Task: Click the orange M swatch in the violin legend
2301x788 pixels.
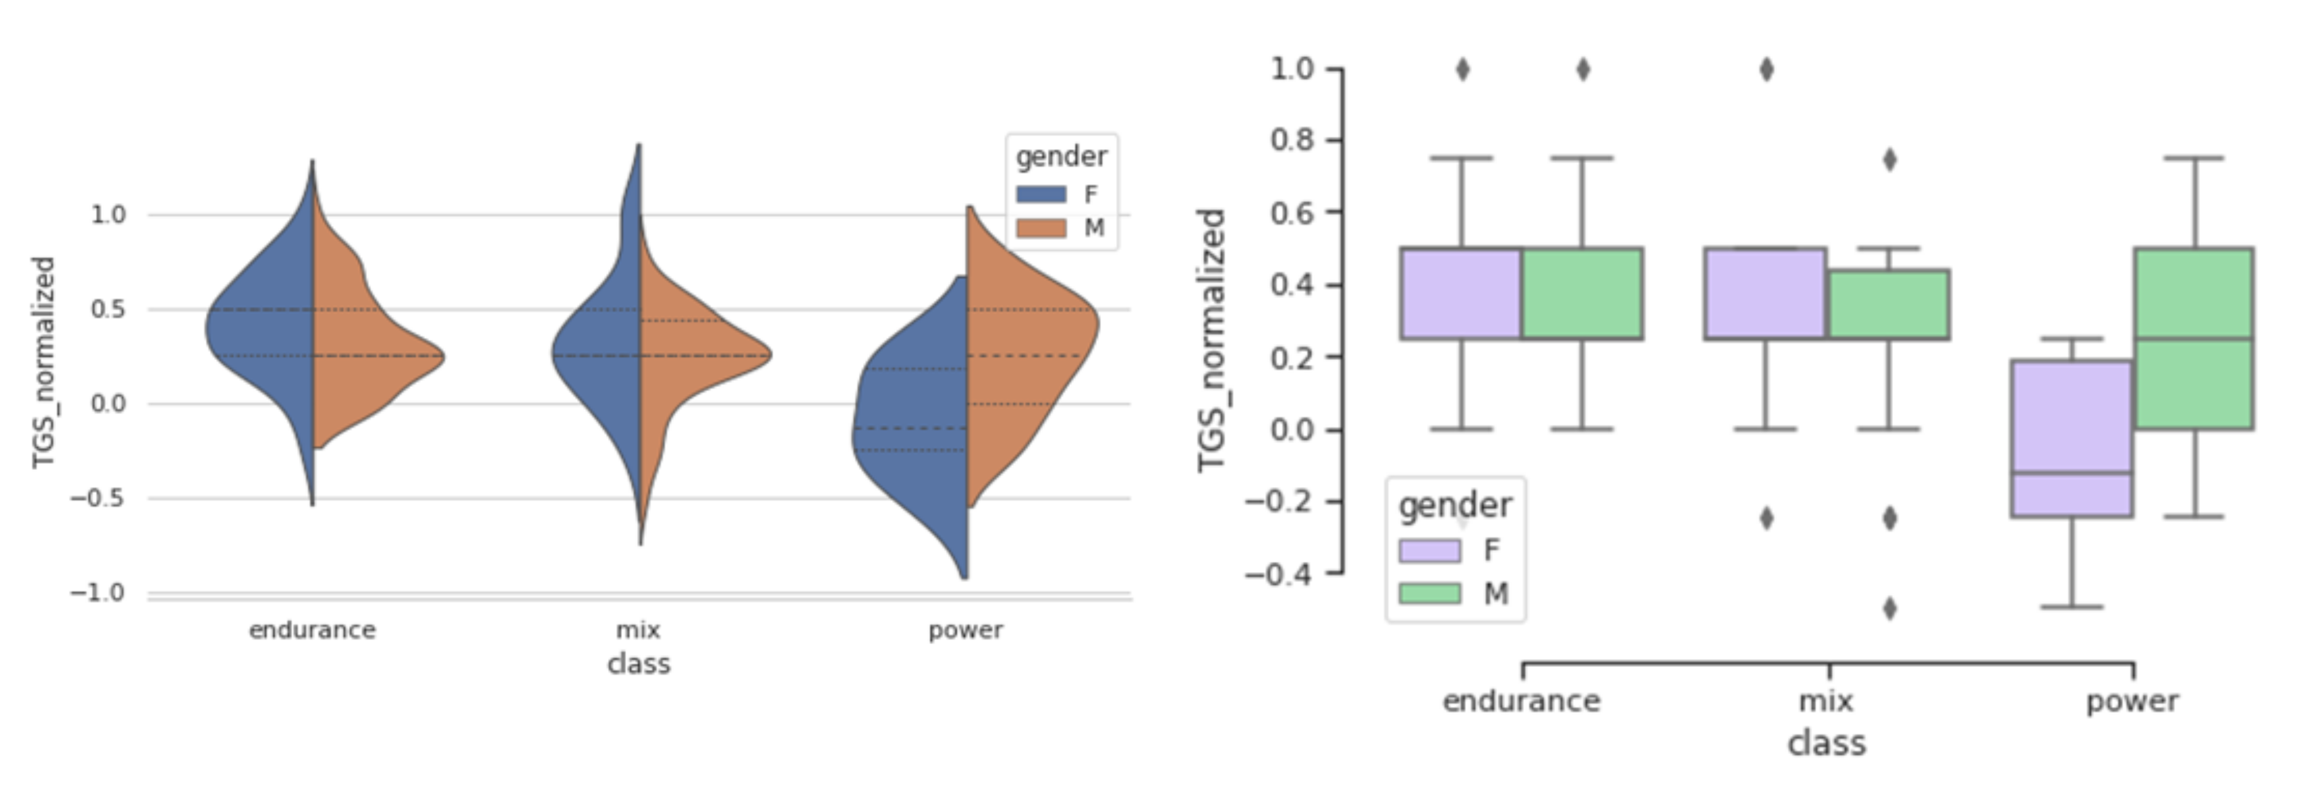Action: click(x=1041, y=228)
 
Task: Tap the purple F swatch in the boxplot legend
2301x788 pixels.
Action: click(x=1429, y=550)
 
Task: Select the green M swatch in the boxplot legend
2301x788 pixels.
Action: click(x=1429, y=593)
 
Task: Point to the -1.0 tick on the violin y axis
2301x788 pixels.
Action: click(x=98, y=592)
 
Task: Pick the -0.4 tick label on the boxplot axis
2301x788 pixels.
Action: click(x=1279, y=573)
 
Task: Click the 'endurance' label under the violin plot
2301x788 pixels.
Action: click(x=312, y=630)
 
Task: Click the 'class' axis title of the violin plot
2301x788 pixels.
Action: click(x=638, y=664)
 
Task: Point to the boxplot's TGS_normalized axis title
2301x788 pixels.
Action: click(x=1211, y=340)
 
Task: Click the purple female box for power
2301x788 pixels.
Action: click(x=2071, y=438)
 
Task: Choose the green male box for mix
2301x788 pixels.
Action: click(x=1888, y=304)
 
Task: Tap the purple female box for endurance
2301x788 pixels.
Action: click(x=1462, y=293)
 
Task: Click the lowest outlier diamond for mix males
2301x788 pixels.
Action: click(x=1890, y=609)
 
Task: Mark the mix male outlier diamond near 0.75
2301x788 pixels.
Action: click(x=1890, y=160)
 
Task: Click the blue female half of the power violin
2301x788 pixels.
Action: click(x=911, y=429)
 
